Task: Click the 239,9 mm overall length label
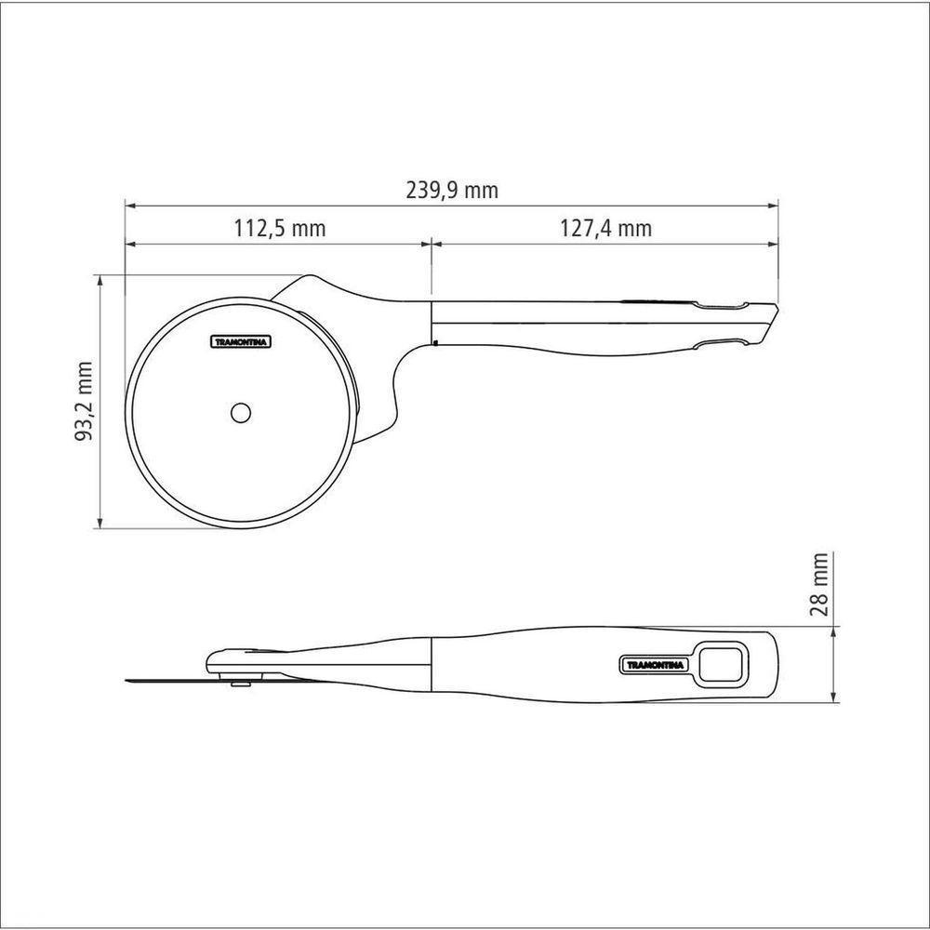452,191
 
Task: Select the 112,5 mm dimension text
276,229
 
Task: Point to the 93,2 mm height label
86,401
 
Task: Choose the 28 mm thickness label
819,586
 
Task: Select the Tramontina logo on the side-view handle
652,664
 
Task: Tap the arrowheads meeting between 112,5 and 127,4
431,245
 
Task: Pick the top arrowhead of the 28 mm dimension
834,630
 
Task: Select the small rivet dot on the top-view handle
435,343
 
